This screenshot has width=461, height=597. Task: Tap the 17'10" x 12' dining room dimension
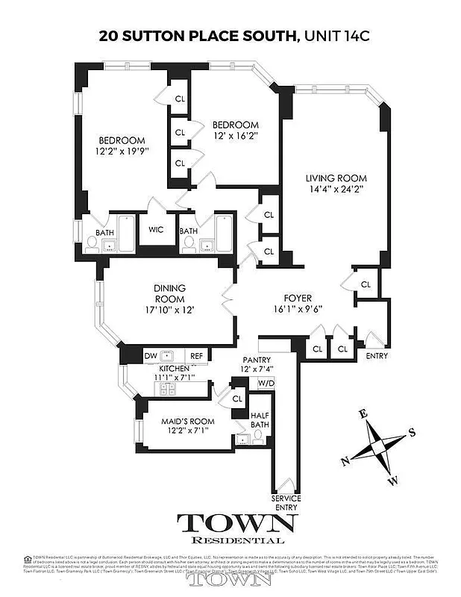click(169, 310)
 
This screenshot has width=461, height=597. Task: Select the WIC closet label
click(157, 230)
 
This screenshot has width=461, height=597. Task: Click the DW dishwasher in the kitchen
click(149, 356)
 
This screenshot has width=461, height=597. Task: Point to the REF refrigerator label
click(196, 356)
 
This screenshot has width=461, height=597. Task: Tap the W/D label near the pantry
click(264, 384)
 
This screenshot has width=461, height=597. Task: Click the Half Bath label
click(260, 420)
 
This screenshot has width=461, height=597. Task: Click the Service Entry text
click(286, 502)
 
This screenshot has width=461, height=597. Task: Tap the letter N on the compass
click(346, 461)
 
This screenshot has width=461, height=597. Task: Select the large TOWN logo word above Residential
click(237, 523)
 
